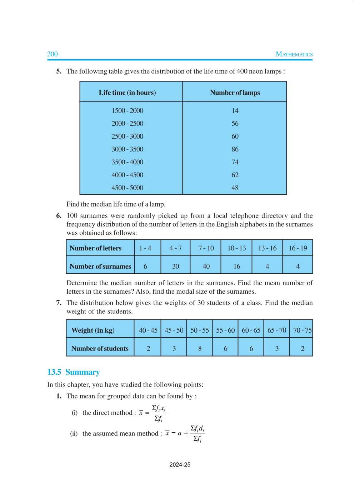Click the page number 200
52,54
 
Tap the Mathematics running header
294,54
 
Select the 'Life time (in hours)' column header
127,93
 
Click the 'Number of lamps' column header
235,93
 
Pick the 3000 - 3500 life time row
127,149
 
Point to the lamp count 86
235,149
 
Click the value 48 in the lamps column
235,188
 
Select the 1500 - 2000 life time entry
127,110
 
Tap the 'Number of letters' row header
96,248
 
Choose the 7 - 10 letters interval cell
206,248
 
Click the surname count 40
206,266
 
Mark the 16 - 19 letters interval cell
297,248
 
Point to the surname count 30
175,266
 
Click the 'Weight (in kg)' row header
93,330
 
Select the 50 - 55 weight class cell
199,330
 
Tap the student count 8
200,348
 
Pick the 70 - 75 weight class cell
302,330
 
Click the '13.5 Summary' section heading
74,372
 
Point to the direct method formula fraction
159,413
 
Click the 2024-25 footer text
180,464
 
